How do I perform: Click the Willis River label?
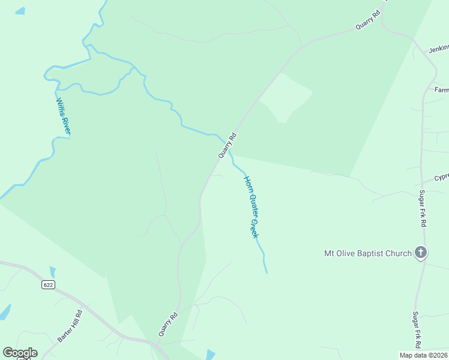tap(64, 118)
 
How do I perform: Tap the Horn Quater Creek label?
tap(252, 207)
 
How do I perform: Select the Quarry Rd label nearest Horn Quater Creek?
tap(227, 145)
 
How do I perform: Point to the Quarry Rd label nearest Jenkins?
tap(368, 20)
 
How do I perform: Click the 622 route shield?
tap(49, 284)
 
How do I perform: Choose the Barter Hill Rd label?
tap(70, 326)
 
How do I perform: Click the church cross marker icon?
tap(421, 253)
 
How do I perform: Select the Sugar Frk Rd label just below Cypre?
tap(423, 208)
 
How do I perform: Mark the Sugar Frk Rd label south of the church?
tap(416, 330)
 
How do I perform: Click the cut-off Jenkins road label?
tap(438, 49)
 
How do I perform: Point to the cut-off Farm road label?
tap(441, 90)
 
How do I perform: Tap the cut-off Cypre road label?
tap(441, 178)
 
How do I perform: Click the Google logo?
tap(20, 353)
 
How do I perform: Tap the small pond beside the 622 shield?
tap(52, 272)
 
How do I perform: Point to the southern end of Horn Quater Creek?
tap(267, 273)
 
